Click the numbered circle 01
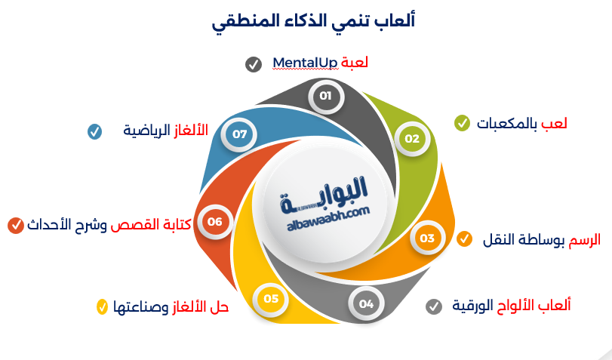tap(325, 96)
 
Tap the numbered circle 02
tap(411, 139)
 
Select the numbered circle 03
tap(427, 238)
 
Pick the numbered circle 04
tap(366, 304)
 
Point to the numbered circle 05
tap(271, 299)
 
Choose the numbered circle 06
tap(215, 222)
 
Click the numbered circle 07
tap(240, 134)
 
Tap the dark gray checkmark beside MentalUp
tap(254, 64)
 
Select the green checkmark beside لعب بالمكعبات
tap(462, 122)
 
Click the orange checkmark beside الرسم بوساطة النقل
tap(465, 240)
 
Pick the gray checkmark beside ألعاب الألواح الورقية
tap(433, 306)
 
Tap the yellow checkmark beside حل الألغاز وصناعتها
tap(102, 307)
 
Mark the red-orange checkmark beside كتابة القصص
tap(15, 224)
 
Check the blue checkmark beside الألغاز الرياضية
tap(94, 131)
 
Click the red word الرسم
tap(584, 239)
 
